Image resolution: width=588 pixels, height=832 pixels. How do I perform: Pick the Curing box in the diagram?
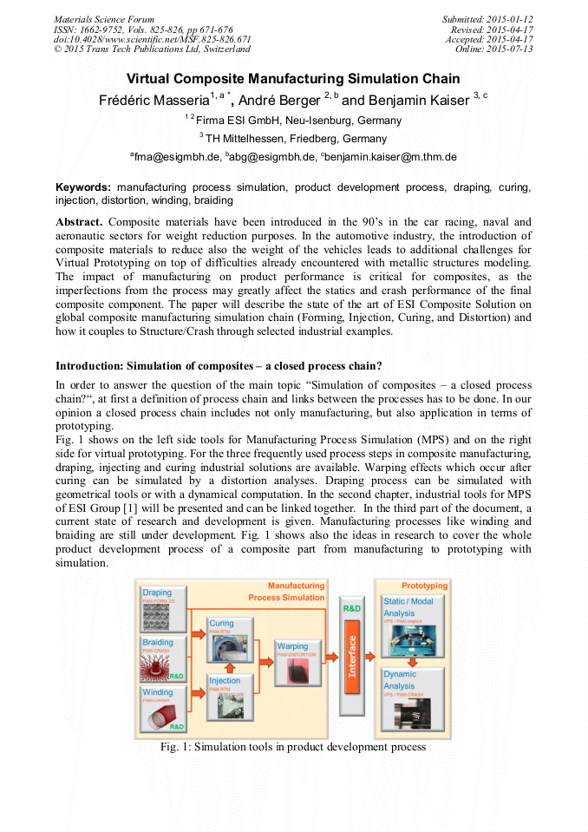click(x=230, y=637)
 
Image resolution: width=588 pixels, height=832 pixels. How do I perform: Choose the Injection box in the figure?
click(x=230, y=693)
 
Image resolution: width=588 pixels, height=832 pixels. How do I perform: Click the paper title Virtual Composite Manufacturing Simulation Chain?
click(x=293, y=80)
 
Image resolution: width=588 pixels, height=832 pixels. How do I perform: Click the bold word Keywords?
click(x=83, y=187)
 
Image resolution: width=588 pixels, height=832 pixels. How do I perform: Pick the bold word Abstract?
click(x=79, y=221)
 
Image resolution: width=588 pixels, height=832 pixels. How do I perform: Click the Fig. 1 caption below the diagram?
click(x=293, y=747)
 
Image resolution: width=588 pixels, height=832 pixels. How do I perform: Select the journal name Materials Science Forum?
click(x=104, y=20)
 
